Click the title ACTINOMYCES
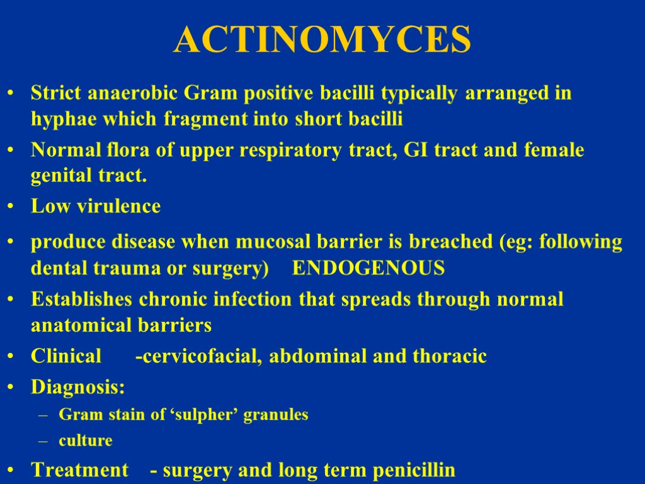[322, 40]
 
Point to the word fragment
[201, 118]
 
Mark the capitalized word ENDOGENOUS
[369, 268]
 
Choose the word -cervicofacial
[200, 357]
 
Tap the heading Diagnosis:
[77, 387]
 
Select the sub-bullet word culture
[85, 441]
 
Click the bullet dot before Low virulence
[11, 207]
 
